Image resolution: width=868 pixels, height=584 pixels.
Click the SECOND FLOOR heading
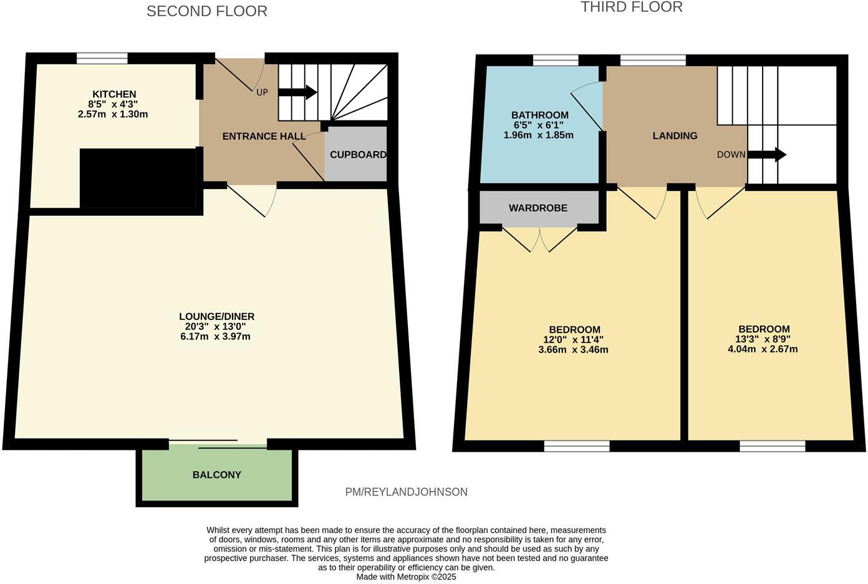(x=206, y=11)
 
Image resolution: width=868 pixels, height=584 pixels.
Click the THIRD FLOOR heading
(x=631, y=7)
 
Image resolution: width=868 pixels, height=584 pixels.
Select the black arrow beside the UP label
(x=297, y=93)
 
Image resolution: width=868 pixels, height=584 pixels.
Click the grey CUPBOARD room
(x=357, y=155)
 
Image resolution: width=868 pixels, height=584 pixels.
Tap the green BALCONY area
(x=216, y=475)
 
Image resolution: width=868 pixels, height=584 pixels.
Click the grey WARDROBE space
(x=538, y=208)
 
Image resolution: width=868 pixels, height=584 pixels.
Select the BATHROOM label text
(x=539, y=115)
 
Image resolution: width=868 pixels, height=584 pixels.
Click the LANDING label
(x=675, y=135)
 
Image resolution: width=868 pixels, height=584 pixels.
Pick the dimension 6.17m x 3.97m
(x=215, y=337)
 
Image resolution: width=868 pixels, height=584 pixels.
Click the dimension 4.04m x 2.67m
(x=763, y=349)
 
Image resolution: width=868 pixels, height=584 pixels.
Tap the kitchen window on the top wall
(x=102, y=58)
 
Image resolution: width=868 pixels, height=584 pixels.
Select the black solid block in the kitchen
(x=138, y=178)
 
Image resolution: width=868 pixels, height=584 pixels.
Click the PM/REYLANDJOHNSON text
(x=406, y=492)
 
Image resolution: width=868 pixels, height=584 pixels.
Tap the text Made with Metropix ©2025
(x=406, y=577)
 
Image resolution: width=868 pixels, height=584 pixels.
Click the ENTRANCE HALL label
(x=264, y=136)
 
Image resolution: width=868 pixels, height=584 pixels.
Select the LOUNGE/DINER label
(x=216, y=316)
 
